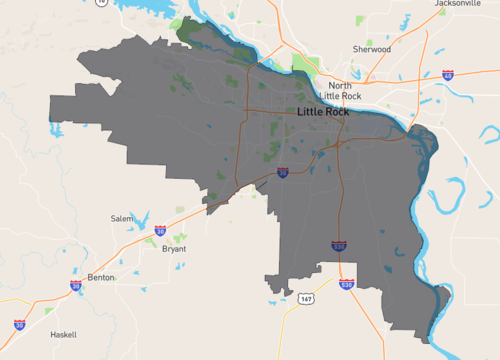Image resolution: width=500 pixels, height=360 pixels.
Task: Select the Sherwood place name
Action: click(x=372, y=48)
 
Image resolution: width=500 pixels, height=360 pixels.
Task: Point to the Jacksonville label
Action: click(x=457, y=4)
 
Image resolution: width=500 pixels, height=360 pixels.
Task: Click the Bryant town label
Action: click(x=174, y=249)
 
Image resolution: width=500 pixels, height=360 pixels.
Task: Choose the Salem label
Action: click(x=122, y=218)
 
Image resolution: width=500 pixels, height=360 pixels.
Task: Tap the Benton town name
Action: click(x=102, y=276)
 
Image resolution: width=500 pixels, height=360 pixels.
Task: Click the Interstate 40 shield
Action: click(x=448, y=75)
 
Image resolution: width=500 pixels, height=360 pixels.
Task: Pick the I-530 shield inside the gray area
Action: click(x=340, y=245)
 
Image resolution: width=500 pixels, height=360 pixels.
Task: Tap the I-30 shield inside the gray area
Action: click(x=283, y=173)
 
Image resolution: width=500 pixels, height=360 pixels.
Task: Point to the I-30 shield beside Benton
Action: click(x=76, y=286)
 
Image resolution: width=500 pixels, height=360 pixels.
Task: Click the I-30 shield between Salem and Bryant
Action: click(x=160, y=231)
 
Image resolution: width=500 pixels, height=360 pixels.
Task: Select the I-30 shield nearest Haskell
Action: click(x=20, y=325)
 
